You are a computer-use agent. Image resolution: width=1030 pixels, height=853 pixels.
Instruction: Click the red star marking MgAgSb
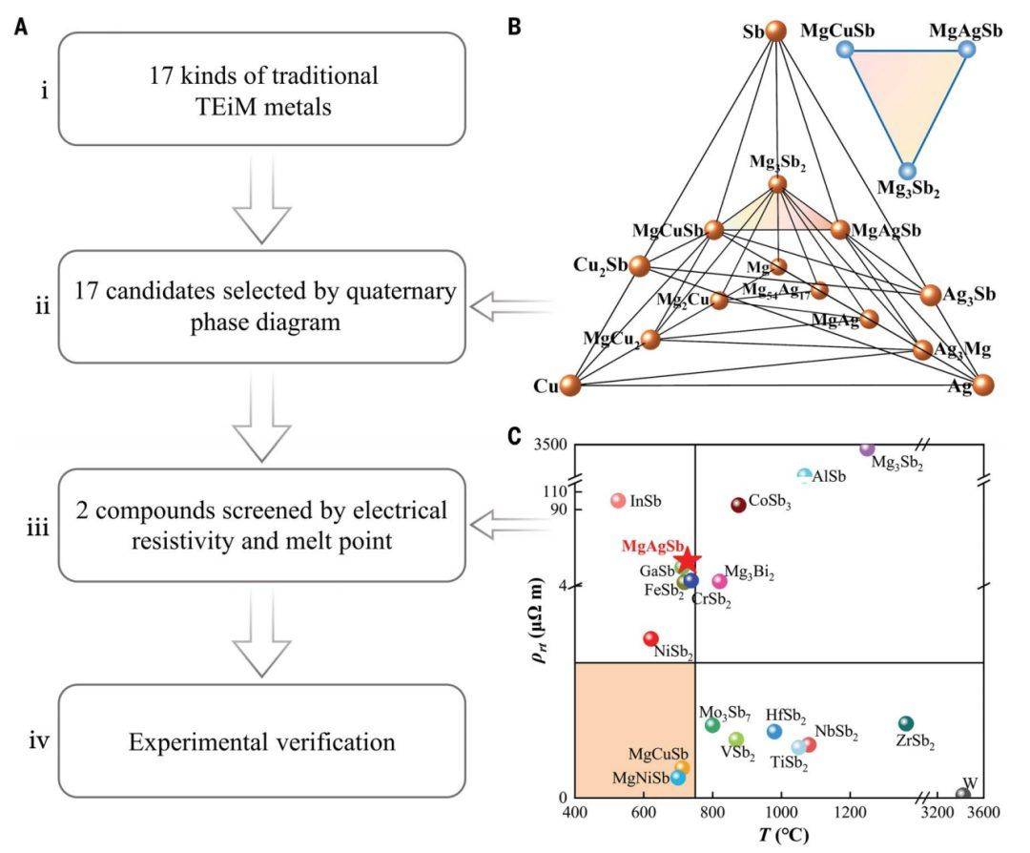tap(688, 559)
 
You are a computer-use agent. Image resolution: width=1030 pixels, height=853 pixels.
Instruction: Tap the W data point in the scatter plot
tap(963, 794)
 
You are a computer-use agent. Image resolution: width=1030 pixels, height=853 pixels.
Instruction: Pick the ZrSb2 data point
tap(906, 724)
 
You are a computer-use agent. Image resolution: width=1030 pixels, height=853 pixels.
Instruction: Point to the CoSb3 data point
tap(738, 505)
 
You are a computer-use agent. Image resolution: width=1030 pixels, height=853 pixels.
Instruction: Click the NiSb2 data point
tap(650, 638)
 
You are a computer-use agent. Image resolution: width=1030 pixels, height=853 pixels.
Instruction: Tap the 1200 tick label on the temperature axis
tap(850, 814)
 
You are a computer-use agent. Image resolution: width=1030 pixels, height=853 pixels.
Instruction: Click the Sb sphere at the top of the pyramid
tap(777, 31)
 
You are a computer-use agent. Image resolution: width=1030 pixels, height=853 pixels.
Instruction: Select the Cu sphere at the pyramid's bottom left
tap(570, 385)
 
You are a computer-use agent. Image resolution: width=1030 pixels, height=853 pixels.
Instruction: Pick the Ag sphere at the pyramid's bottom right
tap(983, 385)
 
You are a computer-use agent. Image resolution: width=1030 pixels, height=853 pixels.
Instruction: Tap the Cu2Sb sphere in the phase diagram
tap(639, 265)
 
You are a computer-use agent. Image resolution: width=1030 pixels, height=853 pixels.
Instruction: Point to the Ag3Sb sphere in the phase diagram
tap(931, 295)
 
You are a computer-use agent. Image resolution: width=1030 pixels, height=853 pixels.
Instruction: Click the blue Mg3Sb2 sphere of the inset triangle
tap(907, 171)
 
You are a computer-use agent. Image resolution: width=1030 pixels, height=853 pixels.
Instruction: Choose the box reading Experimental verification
tap(263, 741)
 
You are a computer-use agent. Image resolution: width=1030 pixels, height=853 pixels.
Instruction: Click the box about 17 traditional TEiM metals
tap(263, 88)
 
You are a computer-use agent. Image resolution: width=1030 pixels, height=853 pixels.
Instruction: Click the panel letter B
tap(514, 26)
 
